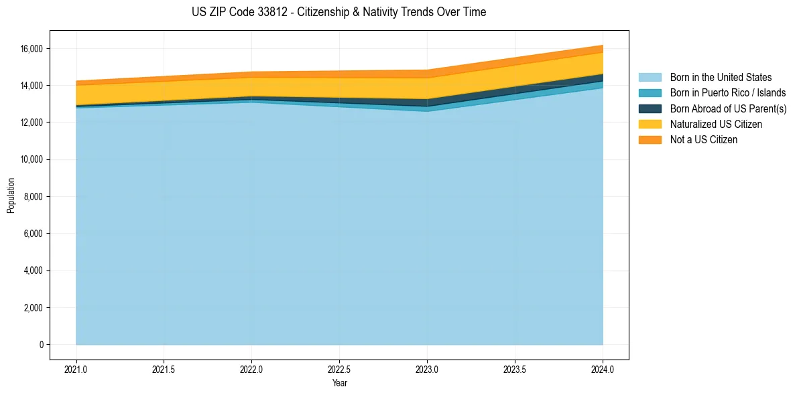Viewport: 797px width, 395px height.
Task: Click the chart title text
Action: point(339,12)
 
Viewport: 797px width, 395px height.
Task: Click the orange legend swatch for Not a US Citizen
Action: point(650,140)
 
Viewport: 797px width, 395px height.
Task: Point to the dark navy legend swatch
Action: point(650,108)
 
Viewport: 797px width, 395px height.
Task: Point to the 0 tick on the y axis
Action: point(41,345)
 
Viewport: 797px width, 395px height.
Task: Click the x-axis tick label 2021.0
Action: point(76,369)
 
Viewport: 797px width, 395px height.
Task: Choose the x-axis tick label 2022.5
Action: point(339,369)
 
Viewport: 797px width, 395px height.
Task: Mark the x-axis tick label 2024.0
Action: point(603,369)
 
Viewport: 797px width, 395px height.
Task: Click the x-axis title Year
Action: point(339,383)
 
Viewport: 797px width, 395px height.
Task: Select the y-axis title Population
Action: point(11,195)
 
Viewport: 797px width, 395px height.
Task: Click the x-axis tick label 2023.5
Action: point(515,369)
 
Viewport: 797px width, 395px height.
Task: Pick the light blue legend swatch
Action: point(650,78)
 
